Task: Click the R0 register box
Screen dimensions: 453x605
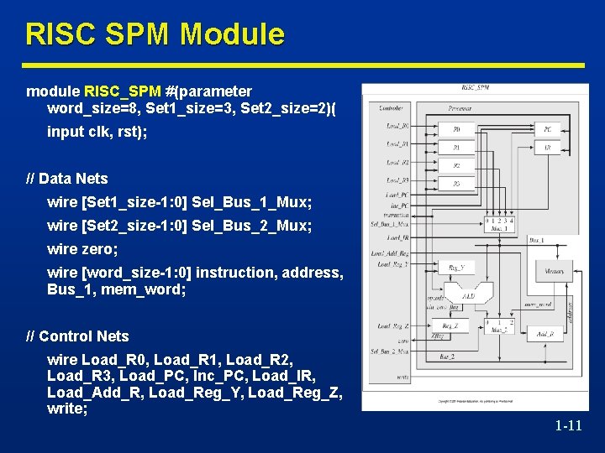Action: tap(456, 129)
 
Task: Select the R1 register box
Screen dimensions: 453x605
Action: tap(456, 147)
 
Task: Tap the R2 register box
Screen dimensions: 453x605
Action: tap(456, 165)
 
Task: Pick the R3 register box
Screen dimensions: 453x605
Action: tap(456, 183)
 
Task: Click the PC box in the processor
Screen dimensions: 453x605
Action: tap(547, 129)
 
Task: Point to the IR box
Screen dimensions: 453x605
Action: tap(547, 147)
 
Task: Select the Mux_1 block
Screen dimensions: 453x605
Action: tap(500, 224)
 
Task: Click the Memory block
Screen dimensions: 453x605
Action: tap(554, 271)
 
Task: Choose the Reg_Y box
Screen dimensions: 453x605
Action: tap(456, 268)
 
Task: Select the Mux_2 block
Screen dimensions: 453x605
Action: tap(500, 327)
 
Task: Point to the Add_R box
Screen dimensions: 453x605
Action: tap(547, 334)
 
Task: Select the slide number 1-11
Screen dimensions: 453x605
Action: tap(568, 426)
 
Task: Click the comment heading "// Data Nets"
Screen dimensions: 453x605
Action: tap(67, 179)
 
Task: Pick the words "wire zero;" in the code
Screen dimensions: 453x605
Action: tap(82, 249)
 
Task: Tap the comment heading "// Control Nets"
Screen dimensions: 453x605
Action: tap(78, 336)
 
